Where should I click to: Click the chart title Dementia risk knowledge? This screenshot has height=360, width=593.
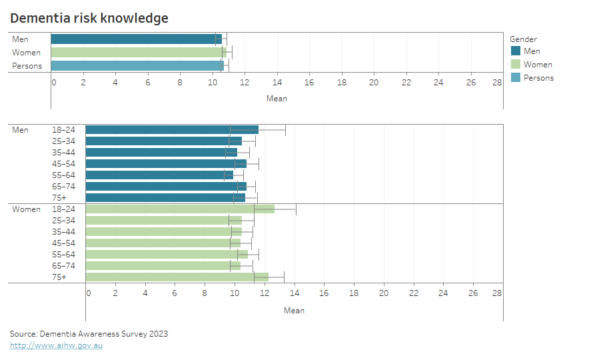(x=89, y=18)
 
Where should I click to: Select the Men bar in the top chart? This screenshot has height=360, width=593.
(x=136, y=39)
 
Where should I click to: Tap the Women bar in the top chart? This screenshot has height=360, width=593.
(x=139, y=53)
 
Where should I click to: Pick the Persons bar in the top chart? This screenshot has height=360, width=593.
(x=137, y=66)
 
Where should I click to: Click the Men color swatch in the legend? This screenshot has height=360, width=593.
(x=515, y=51)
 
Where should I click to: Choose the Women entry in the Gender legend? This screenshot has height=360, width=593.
(x=537, y=65)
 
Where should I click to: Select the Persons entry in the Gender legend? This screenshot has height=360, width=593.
(x=538, y=78)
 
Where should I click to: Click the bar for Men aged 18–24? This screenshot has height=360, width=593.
(x=171, y=130)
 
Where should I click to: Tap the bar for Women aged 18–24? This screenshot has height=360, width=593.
(x=179, y=209)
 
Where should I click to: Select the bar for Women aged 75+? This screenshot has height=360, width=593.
(x=177, y=277)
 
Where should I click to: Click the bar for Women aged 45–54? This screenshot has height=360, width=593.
(x=163, y=243)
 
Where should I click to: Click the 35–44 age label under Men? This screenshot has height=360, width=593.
(x=63, y=153)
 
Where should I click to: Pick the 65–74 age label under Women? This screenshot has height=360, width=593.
(x=63, y=266)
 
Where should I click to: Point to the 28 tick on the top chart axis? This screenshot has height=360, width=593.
(x=497, y=83)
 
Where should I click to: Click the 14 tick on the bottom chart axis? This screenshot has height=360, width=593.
(x=295, y=293)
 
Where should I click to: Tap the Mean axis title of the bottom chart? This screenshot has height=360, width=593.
(x=294, y=311)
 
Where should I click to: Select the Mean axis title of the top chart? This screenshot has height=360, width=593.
(x=277, y=99)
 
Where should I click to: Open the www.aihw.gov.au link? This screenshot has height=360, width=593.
(x=56, y=345)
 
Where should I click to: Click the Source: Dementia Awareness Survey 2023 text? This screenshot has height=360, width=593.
(x=89, y=334)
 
